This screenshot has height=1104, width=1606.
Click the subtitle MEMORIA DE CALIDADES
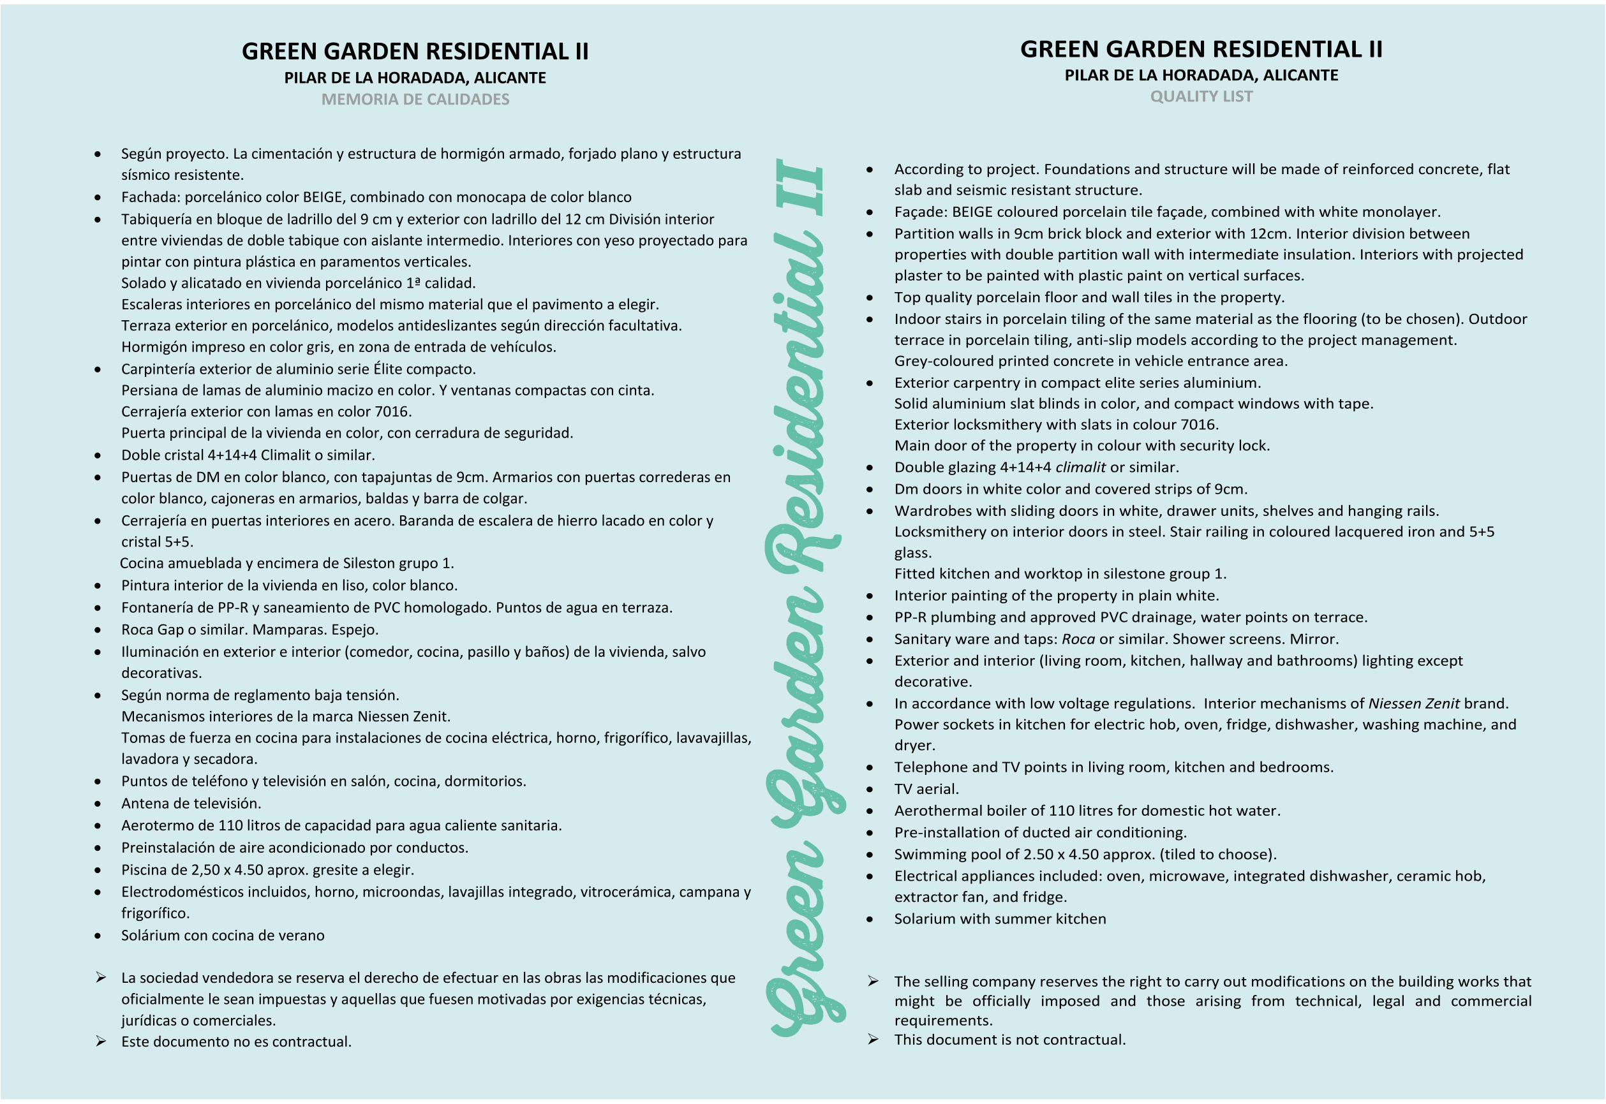415,99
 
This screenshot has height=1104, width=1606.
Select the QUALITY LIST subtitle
1201,97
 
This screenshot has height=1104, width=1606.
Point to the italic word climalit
1080,467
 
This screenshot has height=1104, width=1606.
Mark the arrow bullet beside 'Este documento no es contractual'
101,1041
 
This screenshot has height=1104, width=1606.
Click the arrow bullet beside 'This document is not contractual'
874,1039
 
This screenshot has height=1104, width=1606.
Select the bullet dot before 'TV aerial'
870,790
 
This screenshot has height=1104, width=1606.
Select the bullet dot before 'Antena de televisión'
98,804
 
